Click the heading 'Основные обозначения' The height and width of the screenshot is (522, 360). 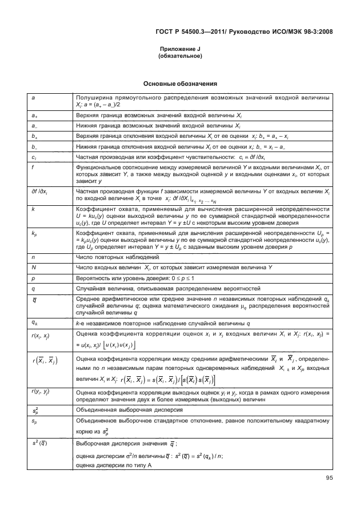pyautogui.click(x=180, y=83)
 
